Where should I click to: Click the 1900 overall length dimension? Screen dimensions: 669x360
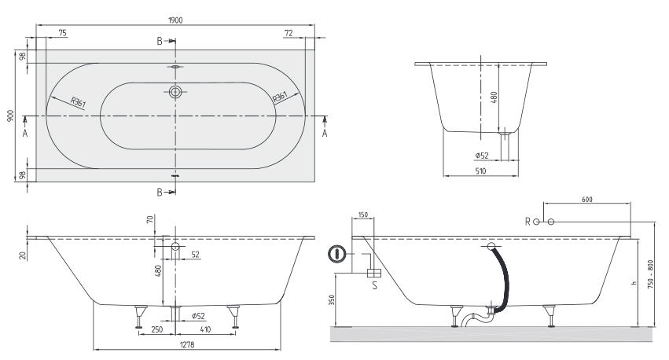(x=175, y=20)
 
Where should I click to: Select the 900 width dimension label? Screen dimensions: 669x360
(x=11, y=116)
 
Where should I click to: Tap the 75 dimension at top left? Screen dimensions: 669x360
(x=62, y=33)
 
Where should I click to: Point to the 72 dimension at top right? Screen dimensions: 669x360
(x=289, y=33)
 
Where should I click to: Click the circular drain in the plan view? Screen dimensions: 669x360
(x=175, y=92)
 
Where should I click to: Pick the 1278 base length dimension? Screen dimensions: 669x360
(x=187, y=343)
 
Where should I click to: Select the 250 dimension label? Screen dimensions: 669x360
(x=157, y=329)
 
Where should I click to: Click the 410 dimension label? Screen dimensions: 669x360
(x=205, y=329)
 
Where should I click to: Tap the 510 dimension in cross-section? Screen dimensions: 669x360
(x=480, y=171)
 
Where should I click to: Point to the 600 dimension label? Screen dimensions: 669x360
(x=587, y=199)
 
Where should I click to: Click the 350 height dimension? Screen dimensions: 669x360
(x=333, y=299)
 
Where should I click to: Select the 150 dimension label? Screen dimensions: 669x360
(x=362, y=215)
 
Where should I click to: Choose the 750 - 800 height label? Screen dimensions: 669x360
(x=650, y=274)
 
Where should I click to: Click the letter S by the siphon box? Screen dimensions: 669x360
(x=375, y=285)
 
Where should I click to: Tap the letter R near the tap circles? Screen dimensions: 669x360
(x=527, y=222)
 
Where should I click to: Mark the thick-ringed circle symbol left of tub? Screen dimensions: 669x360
(x=336, y=254)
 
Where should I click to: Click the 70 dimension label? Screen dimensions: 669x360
(x=149, y=219)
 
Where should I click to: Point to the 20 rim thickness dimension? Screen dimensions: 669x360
(x=23, y=255)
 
